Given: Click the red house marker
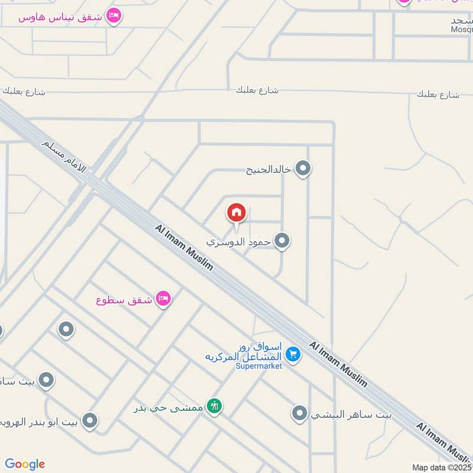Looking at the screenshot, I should point(237,212).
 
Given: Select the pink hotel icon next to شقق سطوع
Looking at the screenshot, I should point(163,299).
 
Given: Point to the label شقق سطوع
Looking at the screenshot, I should point(124,300).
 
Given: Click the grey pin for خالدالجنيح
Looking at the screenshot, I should point(303,169).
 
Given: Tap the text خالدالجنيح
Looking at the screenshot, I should point(269,170).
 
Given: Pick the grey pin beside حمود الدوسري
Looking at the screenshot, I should point(282,241).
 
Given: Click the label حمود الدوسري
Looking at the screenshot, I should point(239,242).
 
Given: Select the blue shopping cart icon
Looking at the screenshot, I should point(292,354).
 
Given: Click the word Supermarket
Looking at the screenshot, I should point(258,366).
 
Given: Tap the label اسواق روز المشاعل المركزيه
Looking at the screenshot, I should point(244,352).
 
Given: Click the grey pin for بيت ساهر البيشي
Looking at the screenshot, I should point(300,413).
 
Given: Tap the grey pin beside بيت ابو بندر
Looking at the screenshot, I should point(90,421).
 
